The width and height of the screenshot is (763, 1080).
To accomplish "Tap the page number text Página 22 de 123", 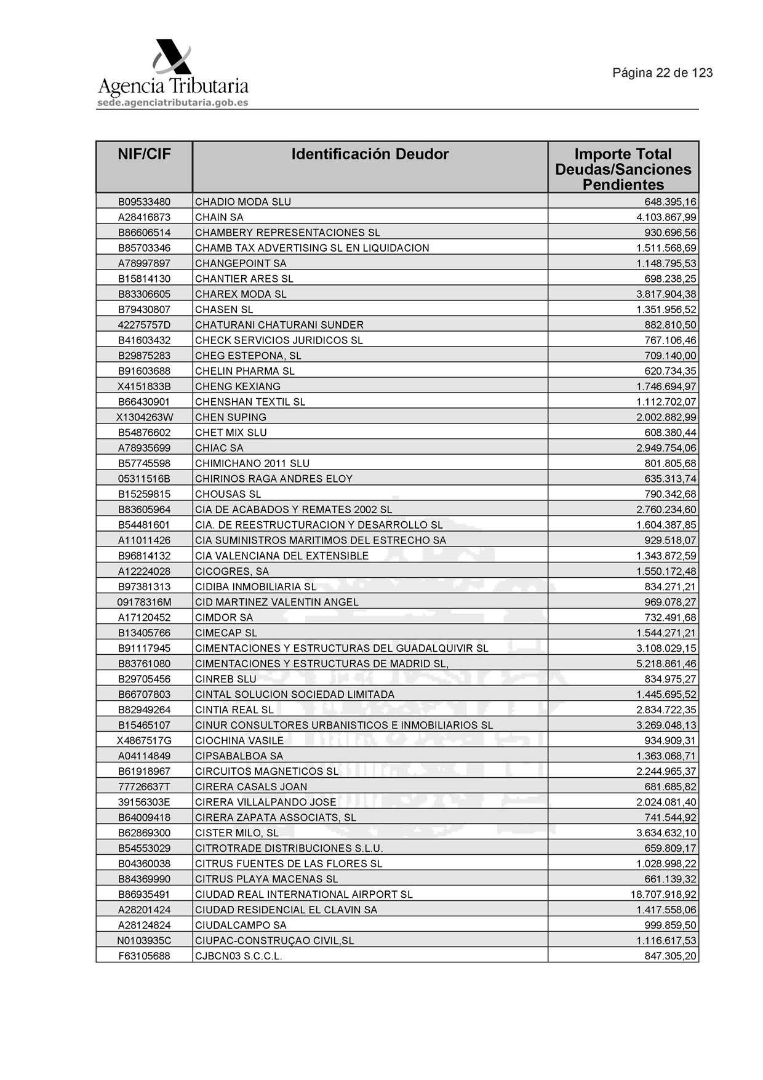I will tap(662, 73).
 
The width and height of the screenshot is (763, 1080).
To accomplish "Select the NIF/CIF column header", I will tap(144, 154).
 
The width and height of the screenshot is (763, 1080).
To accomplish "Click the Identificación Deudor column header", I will tap(370, 154).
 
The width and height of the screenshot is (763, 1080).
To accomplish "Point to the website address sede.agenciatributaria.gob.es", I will tap(172, 103).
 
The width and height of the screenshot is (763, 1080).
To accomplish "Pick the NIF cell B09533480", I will tap(144, 202).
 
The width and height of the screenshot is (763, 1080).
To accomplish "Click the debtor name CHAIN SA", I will tap(219, 217).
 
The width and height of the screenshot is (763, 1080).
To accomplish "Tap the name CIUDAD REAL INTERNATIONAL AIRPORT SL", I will tap(303, 894).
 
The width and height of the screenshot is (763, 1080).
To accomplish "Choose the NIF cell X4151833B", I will tap(144, 386).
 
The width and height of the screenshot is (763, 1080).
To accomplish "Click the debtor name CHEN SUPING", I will tap(230, 417).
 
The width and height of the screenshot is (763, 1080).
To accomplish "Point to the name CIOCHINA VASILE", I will tap(239, 740).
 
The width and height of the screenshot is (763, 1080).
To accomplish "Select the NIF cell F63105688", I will tap(144, 956).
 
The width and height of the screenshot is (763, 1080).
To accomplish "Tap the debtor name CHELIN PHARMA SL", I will tap(244, 371).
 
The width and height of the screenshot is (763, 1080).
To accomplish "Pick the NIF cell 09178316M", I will tap(144, 602).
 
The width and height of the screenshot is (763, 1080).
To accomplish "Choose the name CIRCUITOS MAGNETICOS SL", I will tap(266, 771).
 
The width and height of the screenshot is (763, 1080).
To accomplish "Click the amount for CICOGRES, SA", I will tap(666, 571).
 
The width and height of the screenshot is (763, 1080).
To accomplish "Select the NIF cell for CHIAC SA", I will tap(144, 448).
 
